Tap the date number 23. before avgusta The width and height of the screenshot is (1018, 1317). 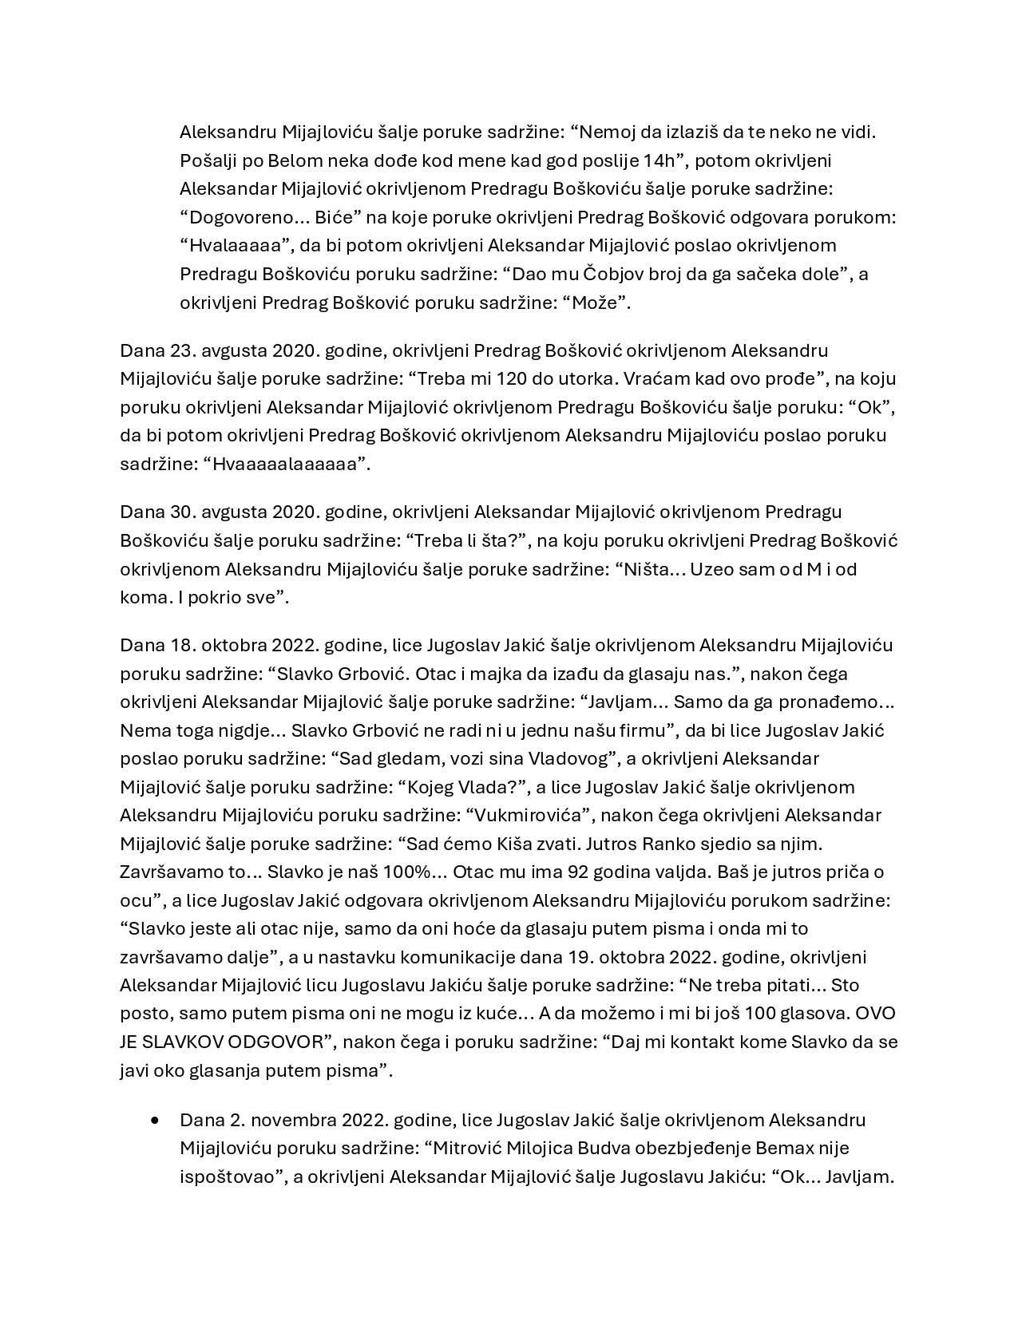(x=184, y=350)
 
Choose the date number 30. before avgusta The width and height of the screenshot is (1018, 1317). (x=184, y=512)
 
